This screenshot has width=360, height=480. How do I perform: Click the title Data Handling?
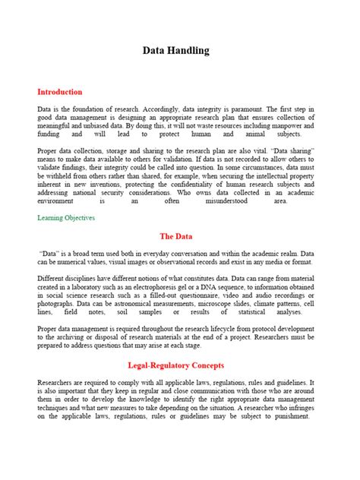coord(176,51)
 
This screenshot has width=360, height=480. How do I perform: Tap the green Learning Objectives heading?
coord(66,217)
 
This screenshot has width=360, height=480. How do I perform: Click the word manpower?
coord(277,128)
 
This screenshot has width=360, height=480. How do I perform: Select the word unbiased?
coord(92,128)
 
